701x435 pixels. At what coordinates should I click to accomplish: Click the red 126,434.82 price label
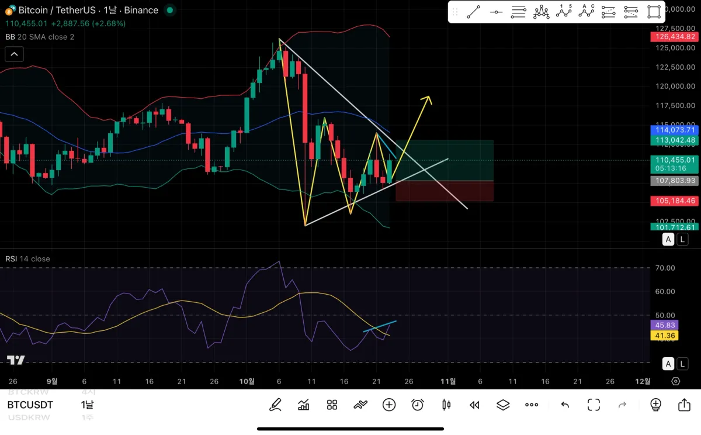pos(675,37)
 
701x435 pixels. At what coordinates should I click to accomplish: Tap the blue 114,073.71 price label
pos(675,130)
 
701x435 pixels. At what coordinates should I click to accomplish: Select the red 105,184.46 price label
pos(675,201)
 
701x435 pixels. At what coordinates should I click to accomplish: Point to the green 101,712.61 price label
pos(675,227)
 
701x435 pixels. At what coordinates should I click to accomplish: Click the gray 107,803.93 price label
pos(675,181)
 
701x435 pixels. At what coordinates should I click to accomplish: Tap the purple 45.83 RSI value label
pos(665,325)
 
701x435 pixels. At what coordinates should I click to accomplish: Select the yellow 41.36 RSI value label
pos(665,336)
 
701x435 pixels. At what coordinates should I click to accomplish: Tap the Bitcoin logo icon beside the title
pos(10,11)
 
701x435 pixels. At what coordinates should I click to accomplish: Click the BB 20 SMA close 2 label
pos(40,37)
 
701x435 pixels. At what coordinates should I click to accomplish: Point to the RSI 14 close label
pos(28,259)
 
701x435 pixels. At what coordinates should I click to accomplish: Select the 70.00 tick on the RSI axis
pos(666,268)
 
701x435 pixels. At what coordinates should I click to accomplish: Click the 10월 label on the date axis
pos(247,381)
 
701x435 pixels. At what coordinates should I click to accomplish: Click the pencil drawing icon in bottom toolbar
pos(275,405)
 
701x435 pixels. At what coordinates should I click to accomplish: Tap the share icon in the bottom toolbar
pos(684,405)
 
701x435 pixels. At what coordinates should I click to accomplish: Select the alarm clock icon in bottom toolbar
pos(418,405)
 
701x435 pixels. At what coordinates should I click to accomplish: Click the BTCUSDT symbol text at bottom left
pos(30,405)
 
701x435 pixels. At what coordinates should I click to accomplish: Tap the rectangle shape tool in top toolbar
pos(654,12)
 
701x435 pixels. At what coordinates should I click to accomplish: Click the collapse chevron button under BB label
pos(14,54)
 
